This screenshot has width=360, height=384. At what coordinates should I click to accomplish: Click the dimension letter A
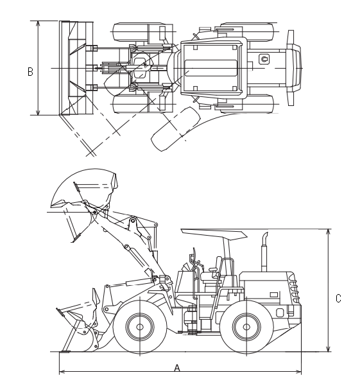pyautogui.click(x=177, y=368)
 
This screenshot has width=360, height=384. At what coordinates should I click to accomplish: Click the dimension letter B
pyautogui.click(x=30, y=72)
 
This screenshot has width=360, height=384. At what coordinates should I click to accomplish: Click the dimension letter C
pyautogui.click(x=338, y=299)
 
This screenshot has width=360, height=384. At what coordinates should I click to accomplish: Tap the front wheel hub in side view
pyautogui.click(x=140, y=327)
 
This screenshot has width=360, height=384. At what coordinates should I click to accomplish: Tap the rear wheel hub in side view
pyautogui.click(x=246, y=327)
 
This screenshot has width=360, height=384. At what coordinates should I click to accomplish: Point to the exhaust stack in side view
pyautogui.click(x=264, y=252)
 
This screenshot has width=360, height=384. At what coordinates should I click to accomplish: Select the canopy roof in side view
pyautogui.click(x=214, y=234)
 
